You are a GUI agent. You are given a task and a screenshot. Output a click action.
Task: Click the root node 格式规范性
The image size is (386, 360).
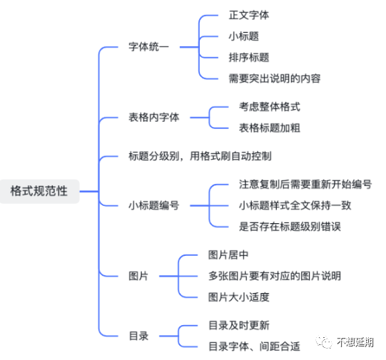click(x=39, y=191)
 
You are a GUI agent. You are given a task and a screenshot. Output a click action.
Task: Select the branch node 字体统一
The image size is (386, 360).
click(x=148, y=47)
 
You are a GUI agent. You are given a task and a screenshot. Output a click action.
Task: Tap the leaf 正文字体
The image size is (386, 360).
click(x=249, y=15)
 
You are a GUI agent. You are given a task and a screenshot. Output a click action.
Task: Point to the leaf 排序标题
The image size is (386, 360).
click(x=249, y=58)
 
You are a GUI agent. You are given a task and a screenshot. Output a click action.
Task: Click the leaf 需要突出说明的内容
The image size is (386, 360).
click(x=275, y=78)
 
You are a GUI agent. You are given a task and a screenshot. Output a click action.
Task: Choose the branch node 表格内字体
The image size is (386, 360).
click(x=154, y=118)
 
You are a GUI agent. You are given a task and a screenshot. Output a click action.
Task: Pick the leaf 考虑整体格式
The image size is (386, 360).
click(x=270, y=107)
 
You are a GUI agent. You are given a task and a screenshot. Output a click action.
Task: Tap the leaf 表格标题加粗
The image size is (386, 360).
click(x=270, y=128)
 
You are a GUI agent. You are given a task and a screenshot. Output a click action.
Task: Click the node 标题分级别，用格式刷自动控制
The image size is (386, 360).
click(x=200, y=156)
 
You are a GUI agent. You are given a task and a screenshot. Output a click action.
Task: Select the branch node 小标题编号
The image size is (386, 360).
click(x=154, y=205)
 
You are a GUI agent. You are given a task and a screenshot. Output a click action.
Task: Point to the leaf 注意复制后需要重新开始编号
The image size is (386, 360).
click(x=305, y=184)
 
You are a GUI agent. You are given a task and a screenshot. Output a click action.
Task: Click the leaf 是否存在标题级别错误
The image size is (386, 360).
click(x=290, y=227)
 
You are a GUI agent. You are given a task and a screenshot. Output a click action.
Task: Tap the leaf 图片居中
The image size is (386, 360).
click(x=228, y=254)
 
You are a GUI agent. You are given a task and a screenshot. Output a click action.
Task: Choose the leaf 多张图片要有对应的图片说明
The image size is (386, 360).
click(x=275, y=276)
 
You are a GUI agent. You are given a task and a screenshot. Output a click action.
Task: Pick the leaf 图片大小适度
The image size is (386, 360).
click(x=238, y=297)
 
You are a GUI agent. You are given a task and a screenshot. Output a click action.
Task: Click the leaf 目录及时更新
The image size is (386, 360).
click(x=239, y=325)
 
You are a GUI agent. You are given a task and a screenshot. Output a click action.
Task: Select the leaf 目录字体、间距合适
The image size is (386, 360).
click(x=254, y=346)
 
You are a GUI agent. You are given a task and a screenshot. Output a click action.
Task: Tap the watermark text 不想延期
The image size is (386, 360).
click(x=355, y=342)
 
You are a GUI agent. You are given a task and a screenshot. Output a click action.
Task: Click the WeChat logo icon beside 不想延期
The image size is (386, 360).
click(x=324, y=341)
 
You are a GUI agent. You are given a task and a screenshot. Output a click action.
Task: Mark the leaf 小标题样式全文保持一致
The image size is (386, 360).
click(x=295, y=205)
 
